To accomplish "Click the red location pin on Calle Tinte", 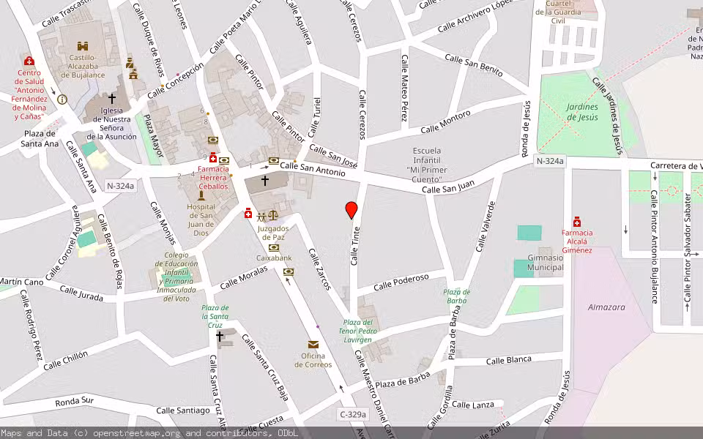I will click(351, 210).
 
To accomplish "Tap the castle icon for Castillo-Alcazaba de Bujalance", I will click(83, 45).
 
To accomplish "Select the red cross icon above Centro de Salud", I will click(29, 61).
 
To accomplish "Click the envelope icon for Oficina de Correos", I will click(313, 345).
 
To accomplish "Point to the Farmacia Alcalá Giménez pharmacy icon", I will click(577, 222).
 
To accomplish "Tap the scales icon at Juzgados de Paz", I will click(273, 216).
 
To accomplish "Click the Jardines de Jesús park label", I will click(581, 112).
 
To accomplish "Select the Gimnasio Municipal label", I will click(546, 262).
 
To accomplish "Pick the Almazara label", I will click(606, 307).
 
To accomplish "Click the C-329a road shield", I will click(352, 415).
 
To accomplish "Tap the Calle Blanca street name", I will click(508, 360).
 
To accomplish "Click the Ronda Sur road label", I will click(75, 401).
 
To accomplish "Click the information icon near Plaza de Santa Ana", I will click(62, 99).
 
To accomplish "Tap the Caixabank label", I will click(274, 258).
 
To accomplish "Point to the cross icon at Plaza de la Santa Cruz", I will click(220, 336).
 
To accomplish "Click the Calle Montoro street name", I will click(445, 122).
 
